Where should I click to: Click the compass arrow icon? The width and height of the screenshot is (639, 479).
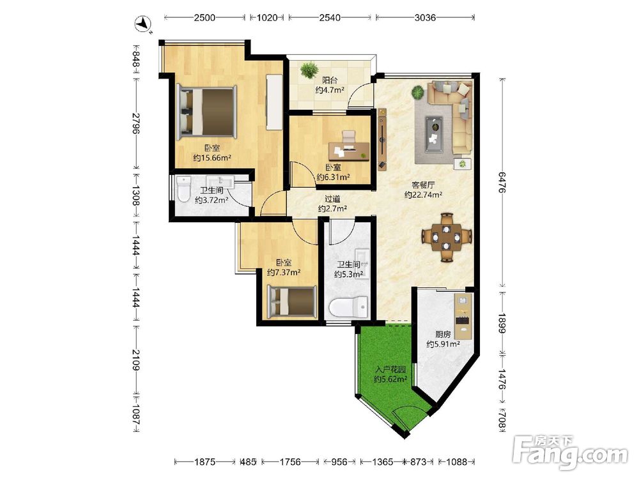click(144, 24)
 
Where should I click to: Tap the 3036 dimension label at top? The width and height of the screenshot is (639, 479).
click(425, 17)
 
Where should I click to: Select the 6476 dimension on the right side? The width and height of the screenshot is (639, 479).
click(502, 183)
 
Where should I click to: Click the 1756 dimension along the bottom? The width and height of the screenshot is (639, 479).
click(291, 462)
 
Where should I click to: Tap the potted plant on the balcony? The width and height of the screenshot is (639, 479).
click(310, 70)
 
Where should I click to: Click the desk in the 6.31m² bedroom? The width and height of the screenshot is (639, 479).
click(350, 151)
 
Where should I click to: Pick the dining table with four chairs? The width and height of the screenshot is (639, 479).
click(447, 237)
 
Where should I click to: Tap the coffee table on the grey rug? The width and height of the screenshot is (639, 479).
click(434, 134)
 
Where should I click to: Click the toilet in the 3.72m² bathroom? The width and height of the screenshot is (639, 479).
click(184, 188)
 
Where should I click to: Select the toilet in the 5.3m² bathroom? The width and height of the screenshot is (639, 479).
click(348, 308)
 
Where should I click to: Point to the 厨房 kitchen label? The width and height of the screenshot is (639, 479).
click(443, 335)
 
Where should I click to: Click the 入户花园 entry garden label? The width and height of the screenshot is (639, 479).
click(391, 370)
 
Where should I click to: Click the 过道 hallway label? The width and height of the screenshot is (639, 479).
click(332, 199)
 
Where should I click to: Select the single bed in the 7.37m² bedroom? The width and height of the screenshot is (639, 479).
click(292, 301)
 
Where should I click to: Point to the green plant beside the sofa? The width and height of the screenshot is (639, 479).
click(418, 93)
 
